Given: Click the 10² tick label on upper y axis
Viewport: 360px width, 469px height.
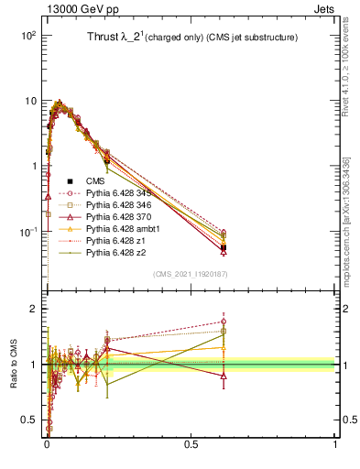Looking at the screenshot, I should coord(27,35).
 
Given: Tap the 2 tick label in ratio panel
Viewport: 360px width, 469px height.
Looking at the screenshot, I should coord(32,310).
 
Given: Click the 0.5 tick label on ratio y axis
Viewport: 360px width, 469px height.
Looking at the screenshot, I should coord(27,420).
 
